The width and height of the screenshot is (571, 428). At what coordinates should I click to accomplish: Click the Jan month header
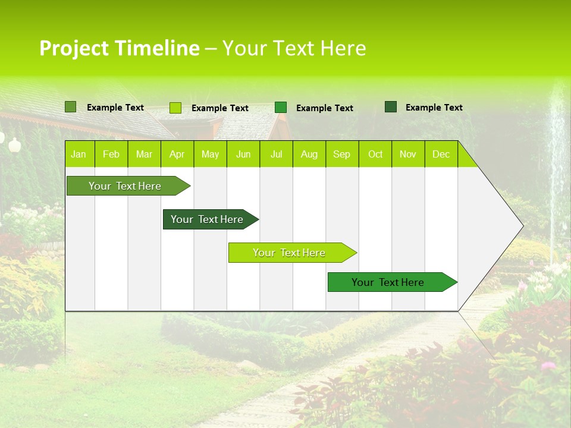[x=79, y=154]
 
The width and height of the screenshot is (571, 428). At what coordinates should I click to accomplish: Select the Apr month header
[x=177, y=154]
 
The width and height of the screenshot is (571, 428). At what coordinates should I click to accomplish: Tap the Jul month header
[x=276, y=154]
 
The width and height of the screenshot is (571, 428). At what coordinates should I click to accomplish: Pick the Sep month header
[x=341, y=154]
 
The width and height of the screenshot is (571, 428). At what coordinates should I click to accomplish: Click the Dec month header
[x=441, y=154]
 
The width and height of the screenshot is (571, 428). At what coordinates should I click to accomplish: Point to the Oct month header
[x=375, y=154]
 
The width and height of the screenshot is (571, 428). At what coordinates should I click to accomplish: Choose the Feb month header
[x=111, y=154]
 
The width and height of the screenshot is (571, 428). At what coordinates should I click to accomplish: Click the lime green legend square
[x=175, y=108]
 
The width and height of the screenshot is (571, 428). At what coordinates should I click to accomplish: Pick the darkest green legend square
[x=391, y=107]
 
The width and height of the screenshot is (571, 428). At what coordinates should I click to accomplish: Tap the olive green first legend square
[x=70, y=107]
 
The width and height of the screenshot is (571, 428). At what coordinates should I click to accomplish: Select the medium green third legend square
[x=281, y=108]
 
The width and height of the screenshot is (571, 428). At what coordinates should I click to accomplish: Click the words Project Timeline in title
[x=119, y=48]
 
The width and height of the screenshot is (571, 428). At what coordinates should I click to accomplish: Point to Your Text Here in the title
[x=294, y=48]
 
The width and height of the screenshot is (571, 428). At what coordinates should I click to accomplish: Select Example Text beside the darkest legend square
[x=434, y=108]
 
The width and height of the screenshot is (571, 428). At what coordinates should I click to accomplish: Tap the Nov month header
[x=408, y=154]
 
